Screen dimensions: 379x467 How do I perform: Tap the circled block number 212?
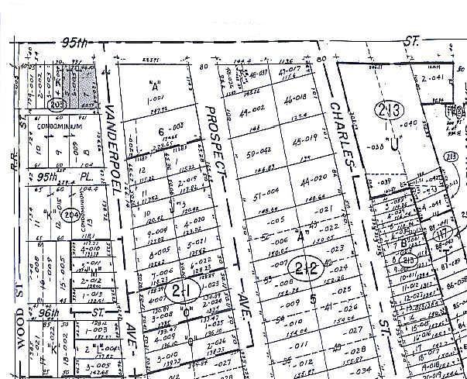pyautogui.click(x=307, y=268)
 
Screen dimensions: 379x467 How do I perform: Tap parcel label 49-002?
pyautogui.click(x=251, y=112)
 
